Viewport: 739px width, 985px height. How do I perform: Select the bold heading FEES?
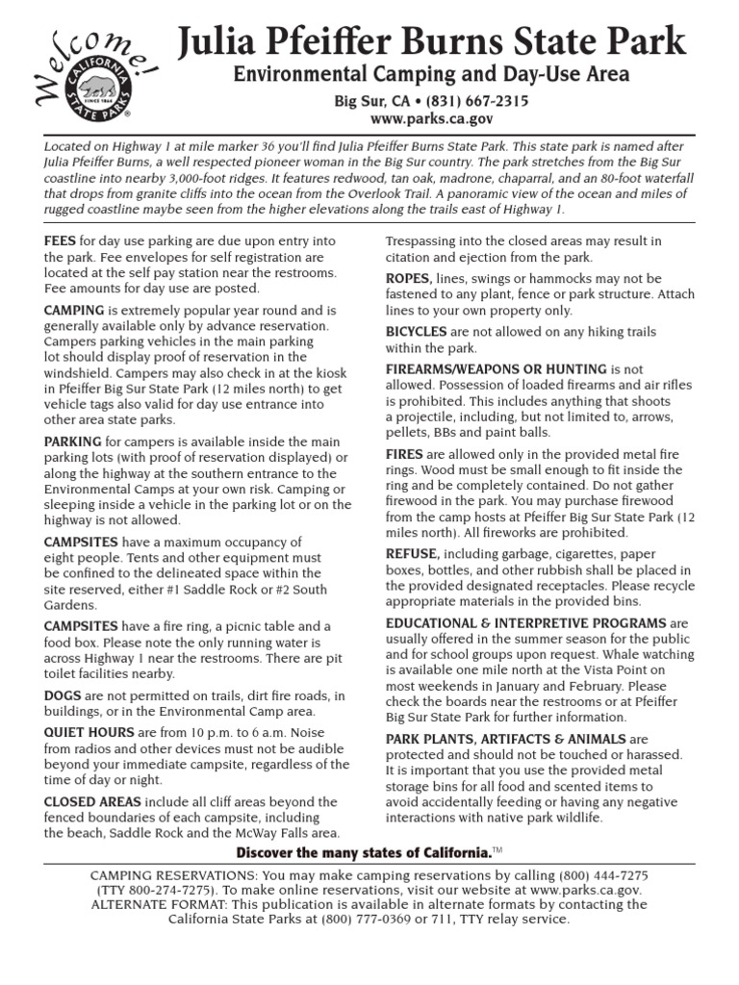tap(61, 241)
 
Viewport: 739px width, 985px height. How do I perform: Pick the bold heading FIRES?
tap(405, 453)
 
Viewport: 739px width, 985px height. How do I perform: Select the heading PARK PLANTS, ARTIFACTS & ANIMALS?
tap(505, 739)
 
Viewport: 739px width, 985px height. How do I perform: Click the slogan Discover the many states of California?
tap(363, 855)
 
